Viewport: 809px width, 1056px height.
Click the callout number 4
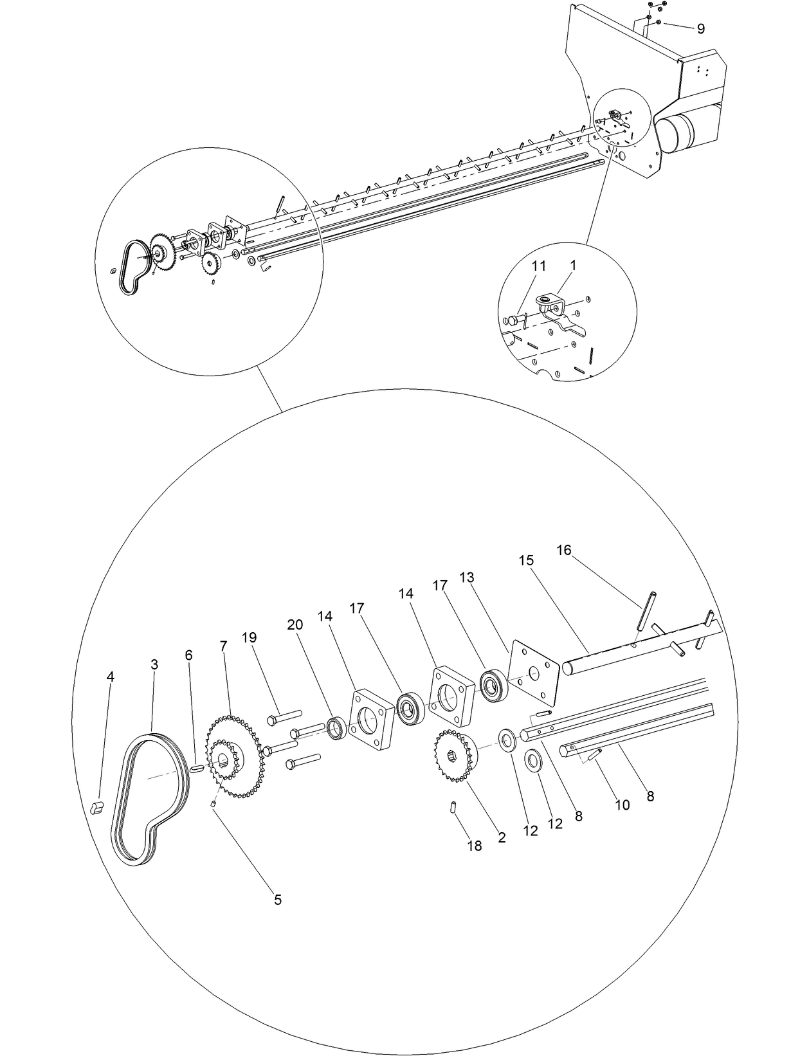click(111, 677)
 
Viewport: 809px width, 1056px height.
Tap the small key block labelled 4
click(96, 807)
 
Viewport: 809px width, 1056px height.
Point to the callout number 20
click(295, 624)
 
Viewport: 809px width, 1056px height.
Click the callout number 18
click(474, 846)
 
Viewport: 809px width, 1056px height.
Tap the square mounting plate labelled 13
click(532, 673)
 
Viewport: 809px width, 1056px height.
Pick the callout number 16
click(563, 550)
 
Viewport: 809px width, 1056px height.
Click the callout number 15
click(526, 560)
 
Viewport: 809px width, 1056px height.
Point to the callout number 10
click(622, 805)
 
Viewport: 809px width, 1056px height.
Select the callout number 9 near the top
click(700, 29)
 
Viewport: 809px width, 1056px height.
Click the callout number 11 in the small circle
click(538, 265)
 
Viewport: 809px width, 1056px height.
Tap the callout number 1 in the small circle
click(573, 265)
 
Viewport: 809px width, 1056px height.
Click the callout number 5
click(278, 900)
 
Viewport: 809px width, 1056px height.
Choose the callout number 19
click(249, 637)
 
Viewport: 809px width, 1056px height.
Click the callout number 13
click(467, 578)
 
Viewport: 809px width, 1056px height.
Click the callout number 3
click(154, 664)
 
